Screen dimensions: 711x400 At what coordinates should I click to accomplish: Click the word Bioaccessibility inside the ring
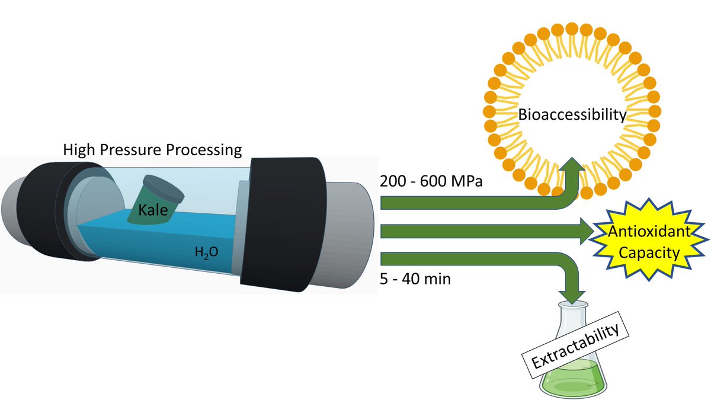[572, 114]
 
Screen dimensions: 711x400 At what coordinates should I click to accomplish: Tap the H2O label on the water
[206, 252]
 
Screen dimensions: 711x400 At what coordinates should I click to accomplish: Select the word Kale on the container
[153, 210]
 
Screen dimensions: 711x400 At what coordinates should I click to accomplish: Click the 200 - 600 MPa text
[431, 181]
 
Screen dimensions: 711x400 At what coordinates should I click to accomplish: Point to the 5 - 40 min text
[415, 279]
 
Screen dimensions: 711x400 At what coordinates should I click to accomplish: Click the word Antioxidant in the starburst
[649, 232]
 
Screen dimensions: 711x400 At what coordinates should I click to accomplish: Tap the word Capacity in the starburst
[649, 253]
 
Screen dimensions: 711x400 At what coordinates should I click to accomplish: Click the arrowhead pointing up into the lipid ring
[572, 166]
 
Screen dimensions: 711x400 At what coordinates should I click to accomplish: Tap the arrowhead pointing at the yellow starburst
[587, 231]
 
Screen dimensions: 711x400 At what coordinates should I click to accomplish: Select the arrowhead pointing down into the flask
[572, 297]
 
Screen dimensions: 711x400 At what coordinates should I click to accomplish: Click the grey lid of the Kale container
[163, 189]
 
